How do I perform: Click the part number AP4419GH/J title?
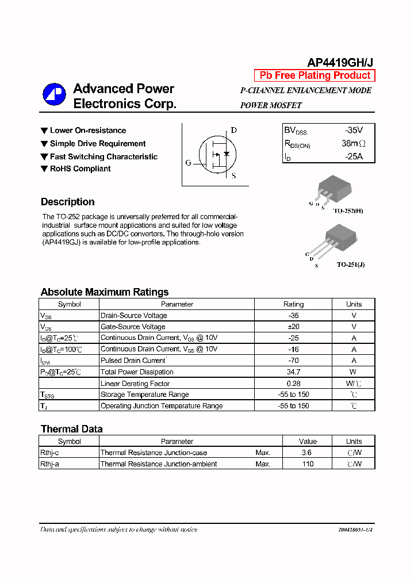[x=340, y=63]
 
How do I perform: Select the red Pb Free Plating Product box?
[x=315, y=75]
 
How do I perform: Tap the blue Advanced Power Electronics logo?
[x=54, y=95]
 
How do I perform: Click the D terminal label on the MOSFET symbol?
[x=233, y=130]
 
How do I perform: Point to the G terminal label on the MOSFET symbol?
[x=188, y=163]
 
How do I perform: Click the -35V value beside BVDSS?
[x=354, y=131]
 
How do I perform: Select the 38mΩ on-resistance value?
[x=353, y=144]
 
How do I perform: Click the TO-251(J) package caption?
[x=350, y=265]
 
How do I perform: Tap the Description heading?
[x=67, y=202]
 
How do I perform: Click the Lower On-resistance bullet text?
[x=87, y=131]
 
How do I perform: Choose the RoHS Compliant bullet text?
[x=80, y=169]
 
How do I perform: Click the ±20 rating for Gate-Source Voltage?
[x=293, y=327]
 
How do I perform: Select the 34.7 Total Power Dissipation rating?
[x=293, y=372]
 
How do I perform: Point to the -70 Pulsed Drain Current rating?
[x=293, y=361]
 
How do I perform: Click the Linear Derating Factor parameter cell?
[x=135, y=384]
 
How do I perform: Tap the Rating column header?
[x=293, y=304]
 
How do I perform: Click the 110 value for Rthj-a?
[x=308, y=464]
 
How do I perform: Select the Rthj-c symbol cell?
[x=49, y=453]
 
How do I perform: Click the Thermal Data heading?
[x=71, y=429]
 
